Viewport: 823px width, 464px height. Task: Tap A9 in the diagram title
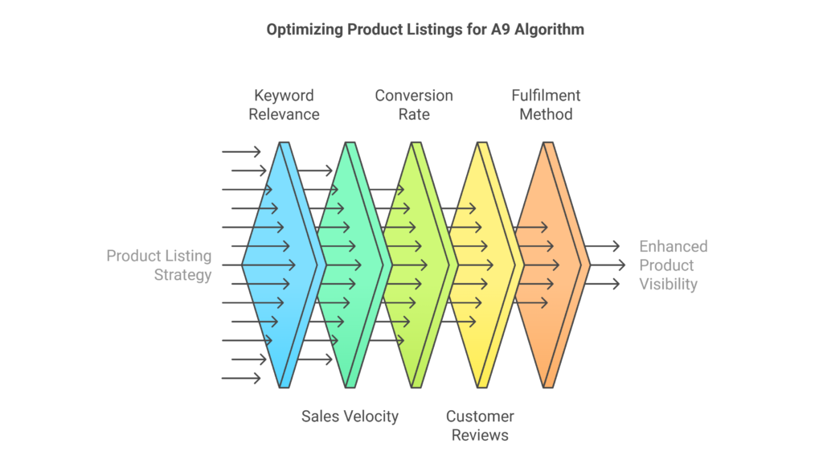coord(500,30)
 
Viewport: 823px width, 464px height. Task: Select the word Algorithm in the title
coord(549,30)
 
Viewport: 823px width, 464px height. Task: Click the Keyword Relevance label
coord(284,105)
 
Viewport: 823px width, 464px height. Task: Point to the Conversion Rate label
coord(414,105)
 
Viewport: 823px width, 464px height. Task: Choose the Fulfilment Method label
coord(546,105)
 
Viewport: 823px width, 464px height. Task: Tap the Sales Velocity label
coord(350,417)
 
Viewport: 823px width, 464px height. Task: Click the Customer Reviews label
coord(480,425)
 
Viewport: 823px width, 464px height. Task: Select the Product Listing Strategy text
coord(159,265)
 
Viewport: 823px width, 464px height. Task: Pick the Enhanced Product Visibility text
coord(674,265)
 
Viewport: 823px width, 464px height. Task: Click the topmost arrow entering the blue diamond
coord(241,152)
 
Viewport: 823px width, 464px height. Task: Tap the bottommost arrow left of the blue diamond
coord(241,378)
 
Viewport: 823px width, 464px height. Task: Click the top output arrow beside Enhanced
coord(603,245)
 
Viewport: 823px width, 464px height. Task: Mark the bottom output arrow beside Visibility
coord(603,284)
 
